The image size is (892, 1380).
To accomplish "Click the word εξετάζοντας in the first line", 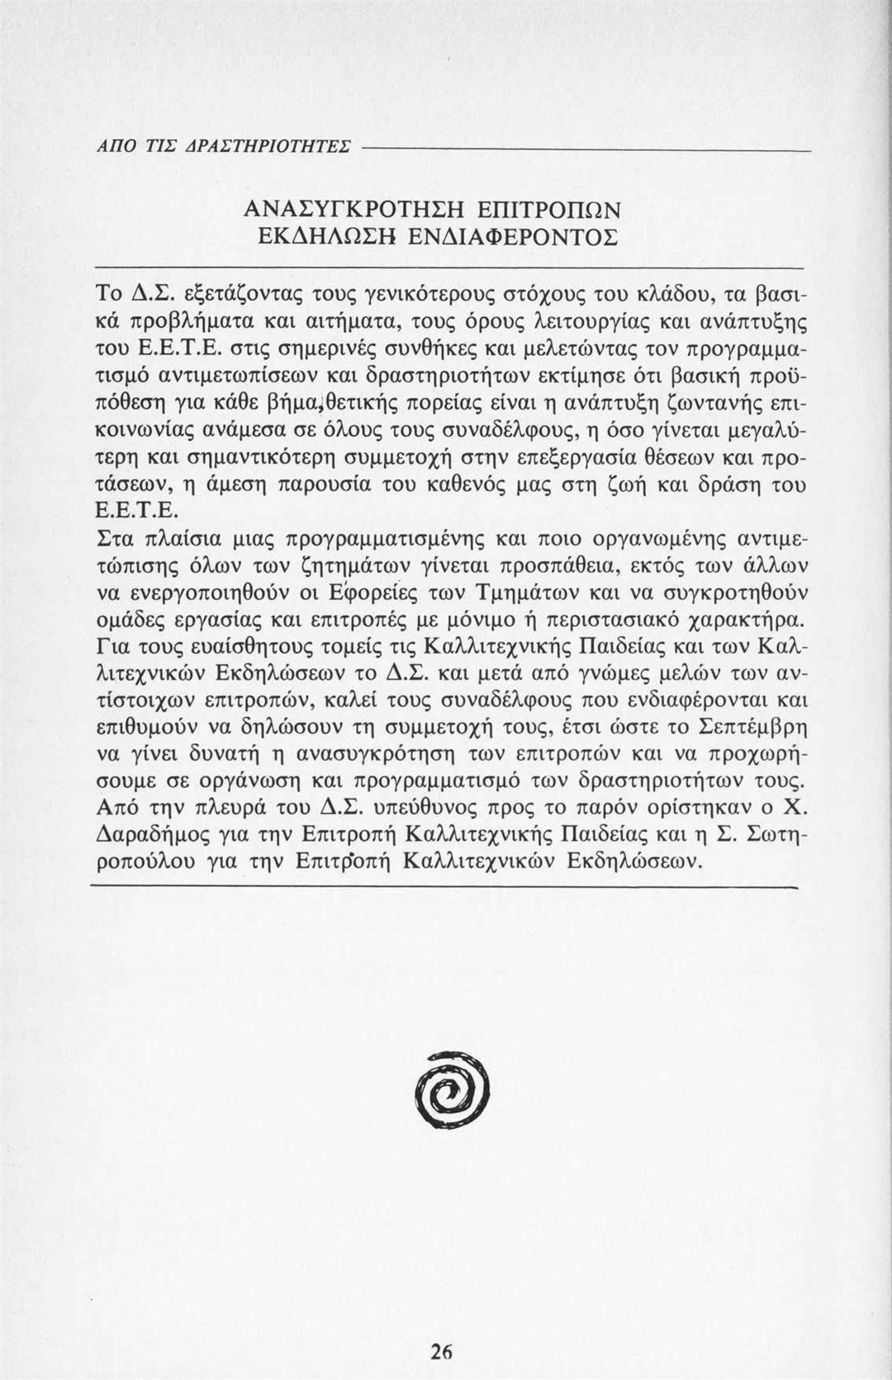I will click(x=239, y=292).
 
